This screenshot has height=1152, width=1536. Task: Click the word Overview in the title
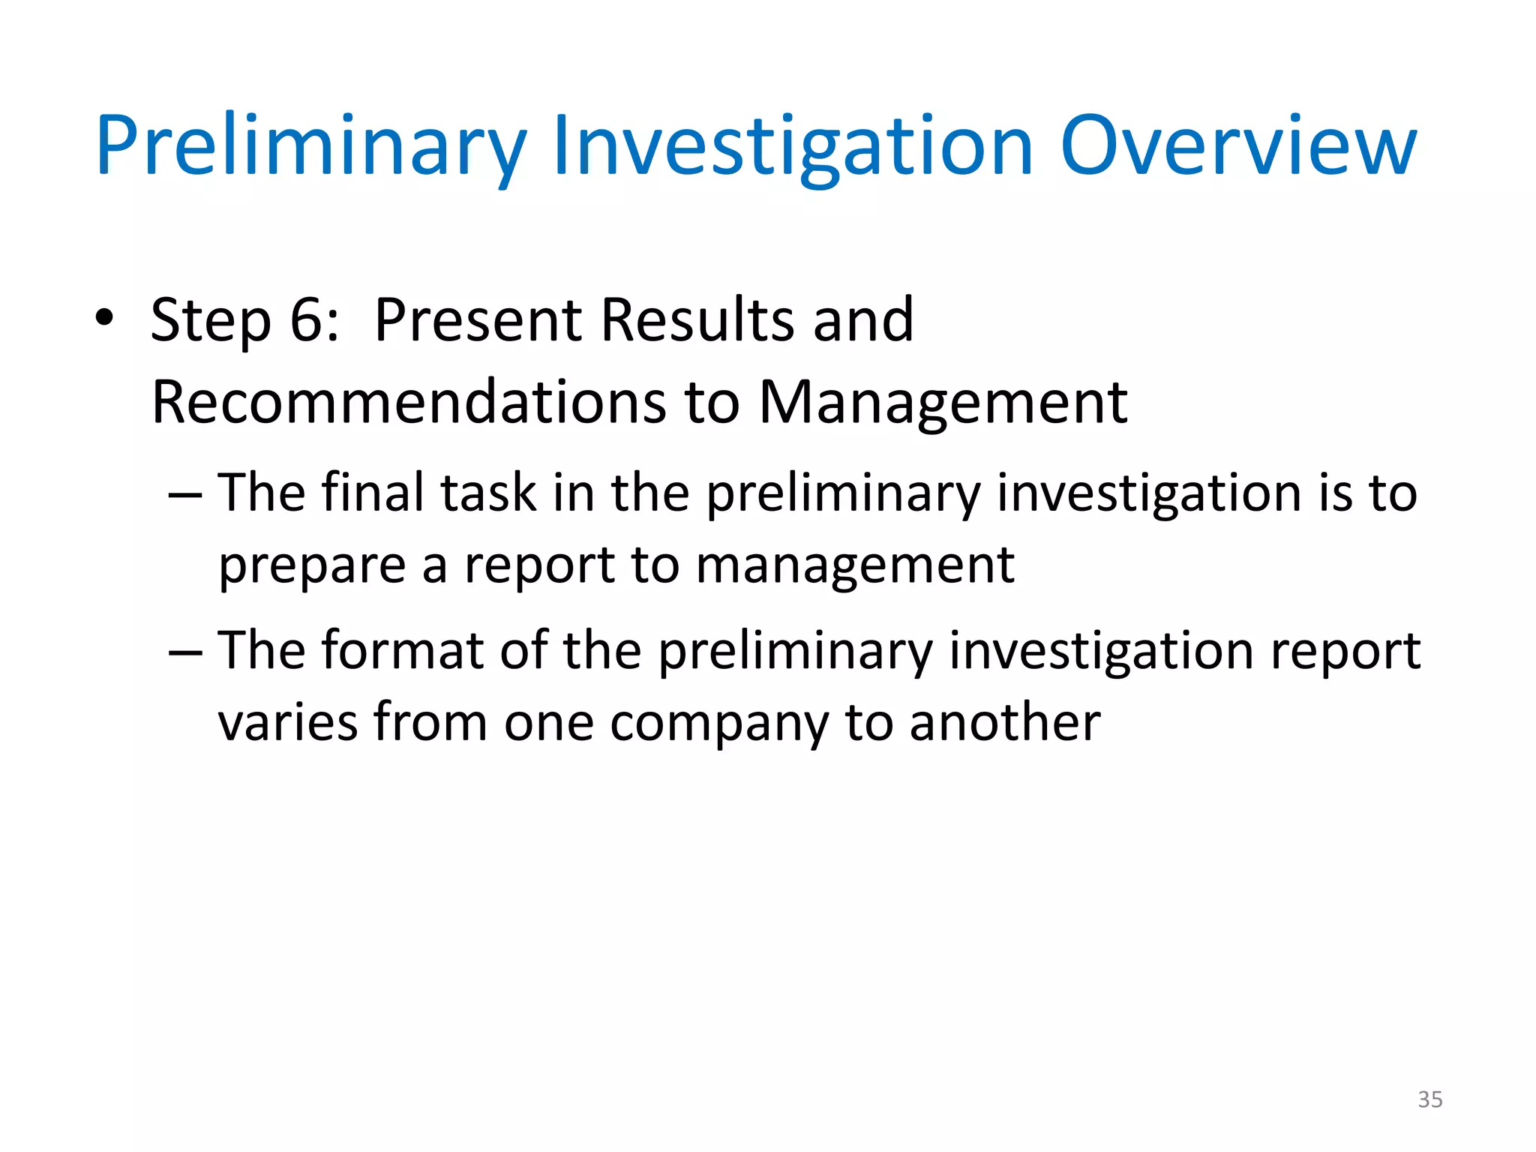[1237, 146]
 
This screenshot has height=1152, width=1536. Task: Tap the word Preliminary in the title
[311, 146]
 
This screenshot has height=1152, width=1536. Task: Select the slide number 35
[1429, 1099]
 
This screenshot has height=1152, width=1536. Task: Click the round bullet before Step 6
[104, 318]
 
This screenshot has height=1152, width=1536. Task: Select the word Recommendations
[408, 403]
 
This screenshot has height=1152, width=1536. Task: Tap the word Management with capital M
[943, 403]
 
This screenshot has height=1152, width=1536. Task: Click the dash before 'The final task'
[185, 495]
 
